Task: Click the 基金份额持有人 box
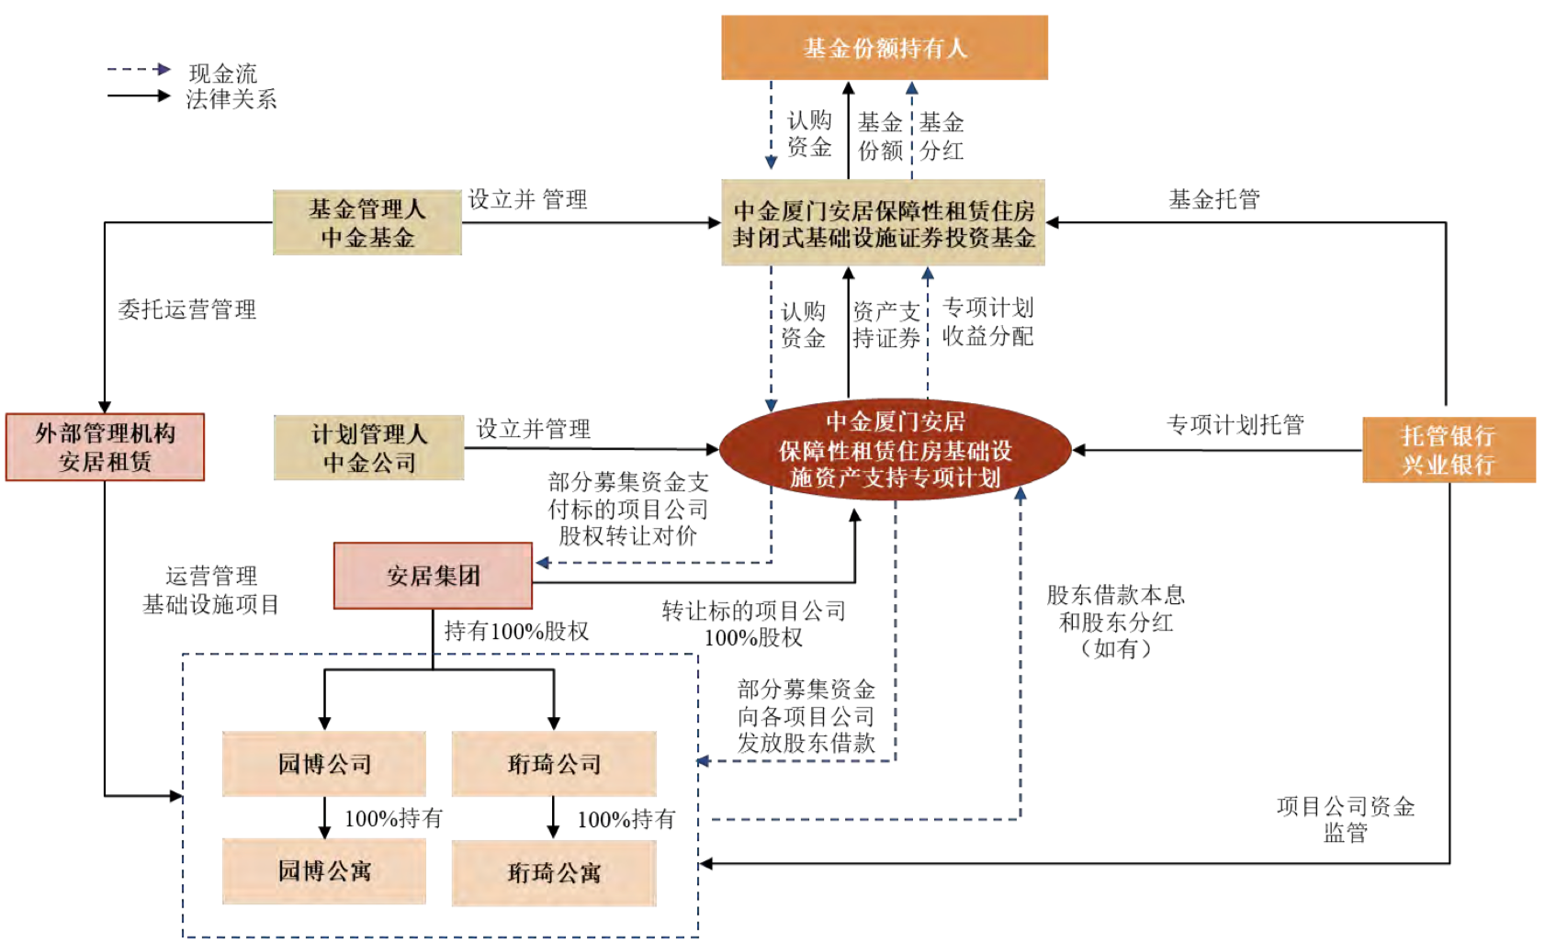(x=884, y=48)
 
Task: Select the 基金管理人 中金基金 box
(x=367, y=223)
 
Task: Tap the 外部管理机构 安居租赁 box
(x=105, y=447)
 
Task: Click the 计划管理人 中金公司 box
(x=368, y=448)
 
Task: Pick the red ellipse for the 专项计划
(x=895, y=450)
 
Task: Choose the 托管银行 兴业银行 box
(x=1449, y=450)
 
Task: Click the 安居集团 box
(x=433, y=576)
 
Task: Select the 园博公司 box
(x=324, y=764)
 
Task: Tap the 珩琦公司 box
(x=554, y=764)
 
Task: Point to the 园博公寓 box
(x=324, y=870)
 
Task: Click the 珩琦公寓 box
(x=554, y=872)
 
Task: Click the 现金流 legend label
(x=223, y=73)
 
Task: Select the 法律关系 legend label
(x=231, y=99)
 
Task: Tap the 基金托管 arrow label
(x=1213, y=199)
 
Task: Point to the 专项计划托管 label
(x=1235, y=424)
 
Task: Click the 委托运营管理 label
(x=187, y=309)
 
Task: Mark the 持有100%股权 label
(x=516, y=631)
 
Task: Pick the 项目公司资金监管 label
(x=1345, y=819)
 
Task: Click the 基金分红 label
(x=942, y=136)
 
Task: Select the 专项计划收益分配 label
(x=987, y=321)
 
